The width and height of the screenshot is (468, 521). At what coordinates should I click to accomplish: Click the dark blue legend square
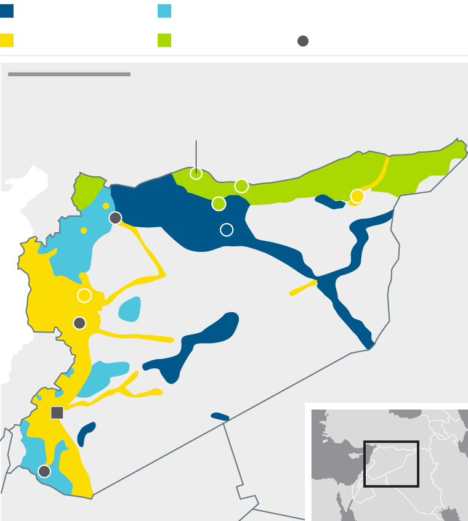pos(7,11)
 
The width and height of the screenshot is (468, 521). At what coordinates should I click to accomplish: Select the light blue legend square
pos(164,11)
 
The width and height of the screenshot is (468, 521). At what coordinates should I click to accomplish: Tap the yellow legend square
pos(7,41)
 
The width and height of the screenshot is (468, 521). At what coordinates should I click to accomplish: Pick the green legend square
pos(164,41)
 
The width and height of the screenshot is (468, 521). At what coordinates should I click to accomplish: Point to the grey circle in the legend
pos(303,41)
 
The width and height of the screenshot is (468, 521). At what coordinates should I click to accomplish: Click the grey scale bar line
pos(69,75)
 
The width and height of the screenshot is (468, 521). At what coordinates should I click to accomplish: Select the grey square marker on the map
pos(57,413)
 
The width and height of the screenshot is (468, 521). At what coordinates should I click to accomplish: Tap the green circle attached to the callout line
pos(196,174)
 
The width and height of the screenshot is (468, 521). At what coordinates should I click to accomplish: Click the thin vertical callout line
pos(196,154)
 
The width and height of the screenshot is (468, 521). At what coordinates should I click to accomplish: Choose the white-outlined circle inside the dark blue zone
pos(227,230)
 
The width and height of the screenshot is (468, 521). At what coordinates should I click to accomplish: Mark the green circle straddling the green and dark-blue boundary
pos(219,203)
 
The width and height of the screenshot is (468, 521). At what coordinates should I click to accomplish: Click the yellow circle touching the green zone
pos(357,196)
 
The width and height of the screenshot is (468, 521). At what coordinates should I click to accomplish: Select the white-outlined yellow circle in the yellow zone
pos(84,296)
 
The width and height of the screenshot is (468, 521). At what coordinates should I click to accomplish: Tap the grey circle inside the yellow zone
pos(79,323)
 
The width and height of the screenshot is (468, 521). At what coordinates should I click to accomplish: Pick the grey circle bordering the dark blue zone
pos(115,217)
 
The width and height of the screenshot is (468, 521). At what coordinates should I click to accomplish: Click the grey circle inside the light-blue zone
pos(44,471)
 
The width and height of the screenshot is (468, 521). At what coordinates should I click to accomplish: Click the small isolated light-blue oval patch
pos(129,309)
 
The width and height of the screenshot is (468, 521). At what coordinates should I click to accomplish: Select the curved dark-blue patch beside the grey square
pos(86,434)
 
